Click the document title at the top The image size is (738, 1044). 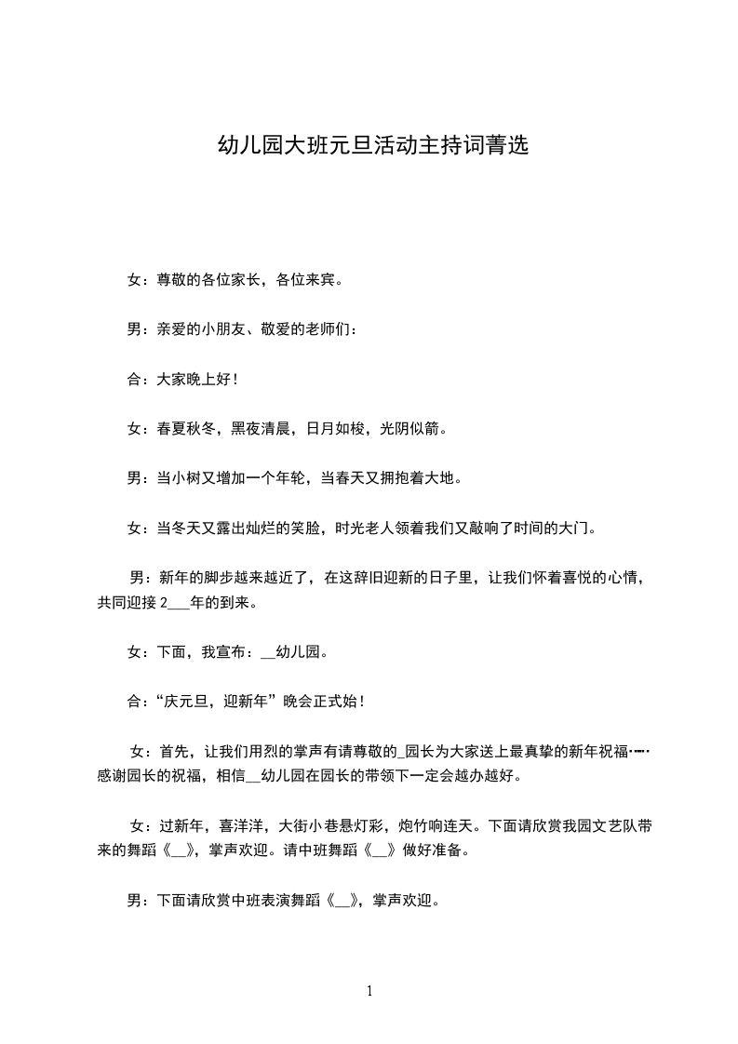pos(372,146)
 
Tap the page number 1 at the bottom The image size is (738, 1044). pos(369,991)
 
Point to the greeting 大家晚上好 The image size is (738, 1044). pos(187,379)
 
